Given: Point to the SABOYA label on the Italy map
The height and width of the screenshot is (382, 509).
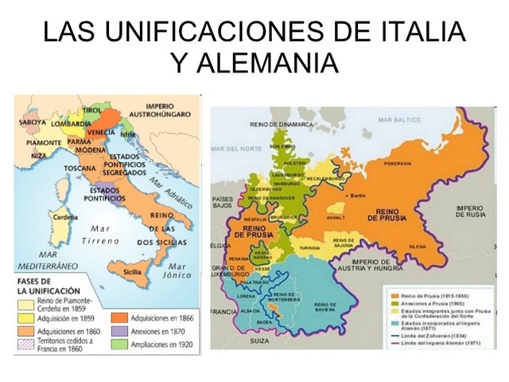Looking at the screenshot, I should pos(33,123).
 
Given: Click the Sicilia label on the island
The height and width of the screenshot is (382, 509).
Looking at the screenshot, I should pos(133,271).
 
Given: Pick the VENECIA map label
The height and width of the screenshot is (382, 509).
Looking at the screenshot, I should pos(101,131).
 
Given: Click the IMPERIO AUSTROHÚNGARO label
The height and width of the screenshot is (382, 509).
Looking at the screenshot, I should pos(168,111).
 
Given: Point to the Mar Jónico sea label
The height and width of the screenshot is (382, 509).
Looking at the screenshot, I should pos(177,271).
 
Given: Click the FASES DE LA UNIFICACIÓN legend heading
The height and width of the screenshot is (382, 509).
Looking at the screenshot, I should pos(48,286).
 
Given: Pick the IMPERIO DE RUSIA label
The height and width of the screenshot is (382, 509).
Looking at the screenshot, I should pos(469,210).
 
